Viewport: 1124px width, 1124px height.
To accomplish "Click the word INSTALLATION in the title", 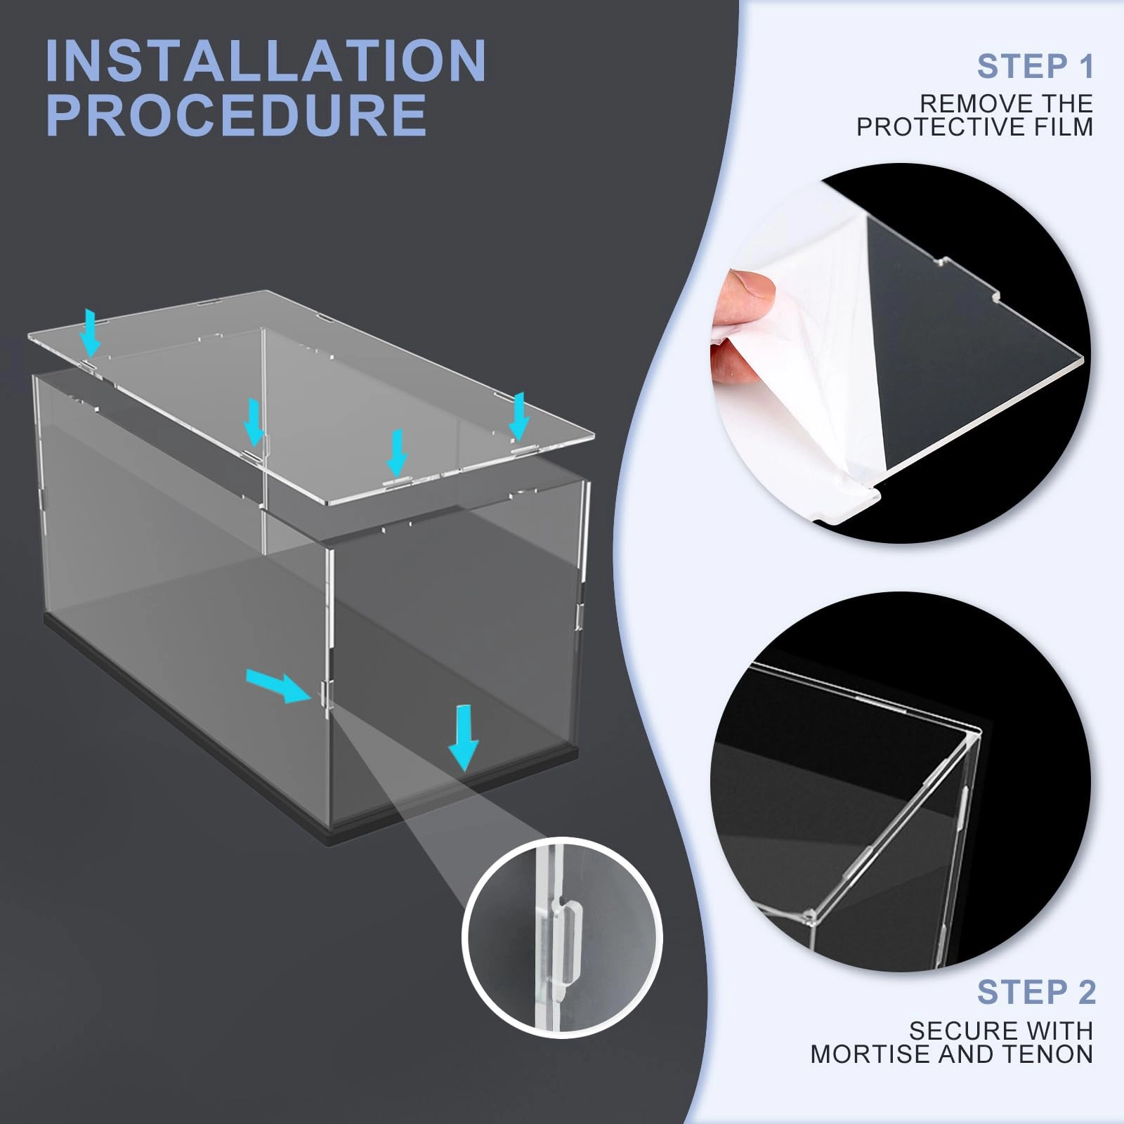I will [266, 62].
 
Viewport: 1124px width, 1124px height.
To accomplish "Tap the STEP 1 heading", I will [1035, 67].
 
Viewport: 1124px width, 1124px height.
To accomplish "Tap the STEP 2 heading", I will [1035, 992].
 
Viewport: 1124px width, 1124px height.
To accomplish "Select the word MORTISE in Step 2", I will [867, 1054].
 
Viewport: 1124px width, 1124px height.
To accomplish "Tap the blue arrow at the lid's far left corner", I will [90, 332].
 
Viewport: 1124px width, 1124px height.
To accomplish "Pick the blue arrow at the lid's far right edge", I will [519, 415].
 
